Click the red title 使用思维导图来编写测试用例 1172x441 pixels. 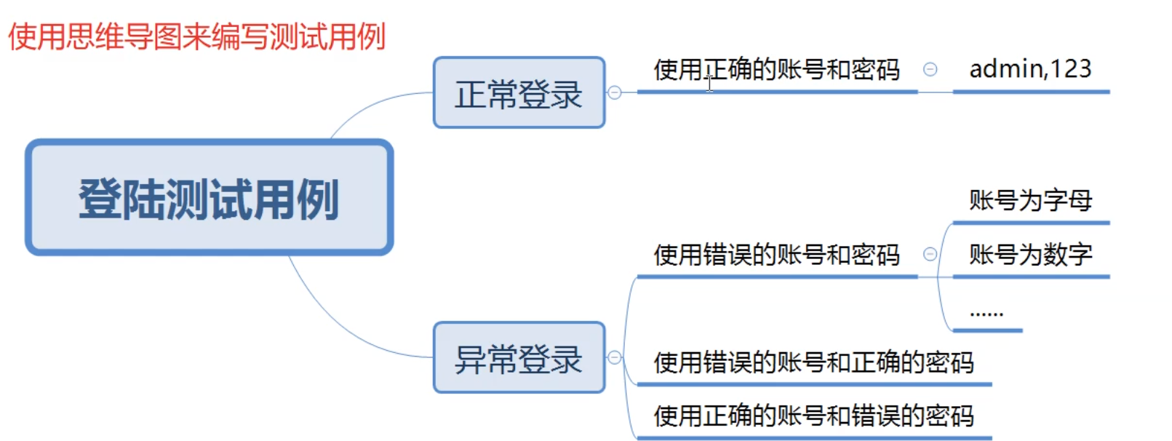pos(196,36)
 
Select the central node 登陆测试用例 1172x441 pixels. pos(209,198)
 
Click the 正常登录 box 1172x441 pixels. pos(519,93)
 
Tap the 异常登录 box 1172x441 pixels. pos(519,358)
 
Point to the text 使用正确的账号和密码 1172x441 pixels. pos(776,70)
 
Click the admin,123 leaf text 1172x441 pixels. pos(1030,69)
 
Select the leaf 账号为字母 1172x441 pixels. pos(1030,200)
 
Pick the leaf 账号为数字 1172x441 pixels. pos(1030,254)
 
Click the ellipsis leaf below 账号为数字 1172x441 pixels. pos(986,313)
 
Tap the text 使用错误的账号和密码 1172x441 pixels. pos(776,255)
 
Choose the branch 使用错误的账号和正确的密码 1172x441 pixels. pos(813,362)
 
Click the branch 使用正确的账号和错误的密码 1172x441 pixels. pos(813,416)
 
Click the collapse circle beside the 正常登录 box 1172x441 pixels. pos(615,92)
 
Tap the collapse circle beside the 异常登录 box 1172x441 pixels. pos(615,357)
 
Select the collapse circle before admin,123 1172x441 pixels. pos(930,69)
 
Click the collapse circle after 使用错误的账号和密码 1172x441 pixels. pos(930,254)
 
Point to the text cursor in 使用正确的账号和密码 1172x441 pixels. pos(709,83)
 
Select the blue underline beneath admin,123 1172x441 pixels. pos(1030,92)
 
